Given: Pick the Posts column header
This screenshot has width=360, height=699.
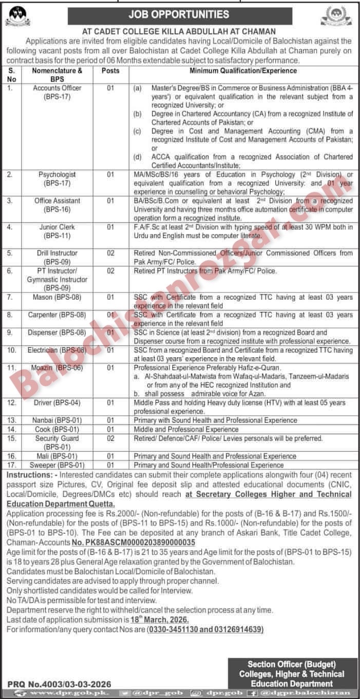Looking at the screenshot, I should pos(110,70).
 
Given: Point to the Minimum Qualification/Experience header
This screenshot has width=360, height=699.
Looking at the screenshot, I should pos(243,70).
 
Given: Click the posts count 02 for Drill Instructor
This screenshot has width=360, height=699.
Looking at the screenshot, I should pos(110,253).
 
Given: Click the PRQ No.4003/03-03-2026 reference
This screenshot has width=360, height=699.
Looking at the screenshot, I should pos(59,684).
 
